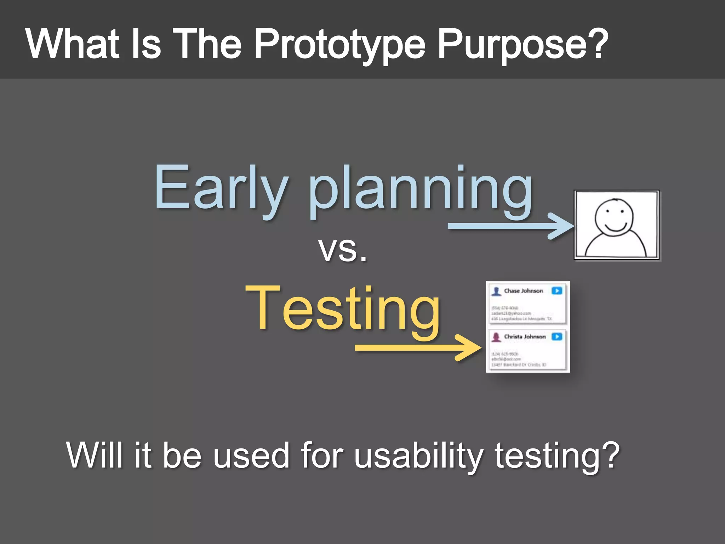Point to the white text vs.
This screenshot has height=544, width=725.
pos(342,250)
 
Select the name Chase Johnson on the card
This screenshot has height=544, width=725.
pos(523,291)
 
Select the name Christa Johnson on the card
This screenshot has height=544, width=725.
pos(525,336)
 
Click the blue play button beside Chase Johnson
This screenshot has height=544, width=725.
pos(557,291)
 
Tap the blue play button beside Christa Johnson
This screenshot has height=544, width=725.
pos(557,336)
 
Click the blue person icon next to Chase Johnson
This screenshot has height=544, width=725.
pos(496,291)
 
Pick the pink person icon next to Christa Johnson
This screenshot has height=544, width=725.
pos(496,337)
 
